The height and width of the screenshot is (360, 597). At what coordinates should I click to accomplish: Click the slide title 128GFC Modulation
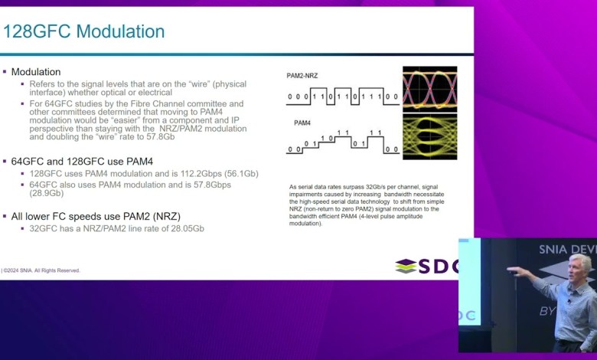(x=83, y=32)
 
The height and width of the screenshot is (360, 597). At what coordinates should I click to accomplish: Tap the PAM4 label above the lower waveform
(x=302, y=123)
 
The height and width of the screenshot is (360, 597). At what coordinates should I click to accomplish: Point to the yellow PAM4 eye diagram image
(x=429, y=137)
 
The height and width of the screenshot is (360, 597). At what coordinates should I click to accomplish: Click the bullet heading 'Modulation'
(x=37, y=71)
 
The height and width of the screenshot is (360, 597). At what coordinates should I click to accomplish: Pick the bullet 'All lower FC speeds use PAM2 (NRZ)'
(x=95, y=216)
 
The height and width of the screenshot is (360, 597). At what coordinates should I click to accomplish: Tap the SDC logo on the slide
(x=428, y=266)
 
